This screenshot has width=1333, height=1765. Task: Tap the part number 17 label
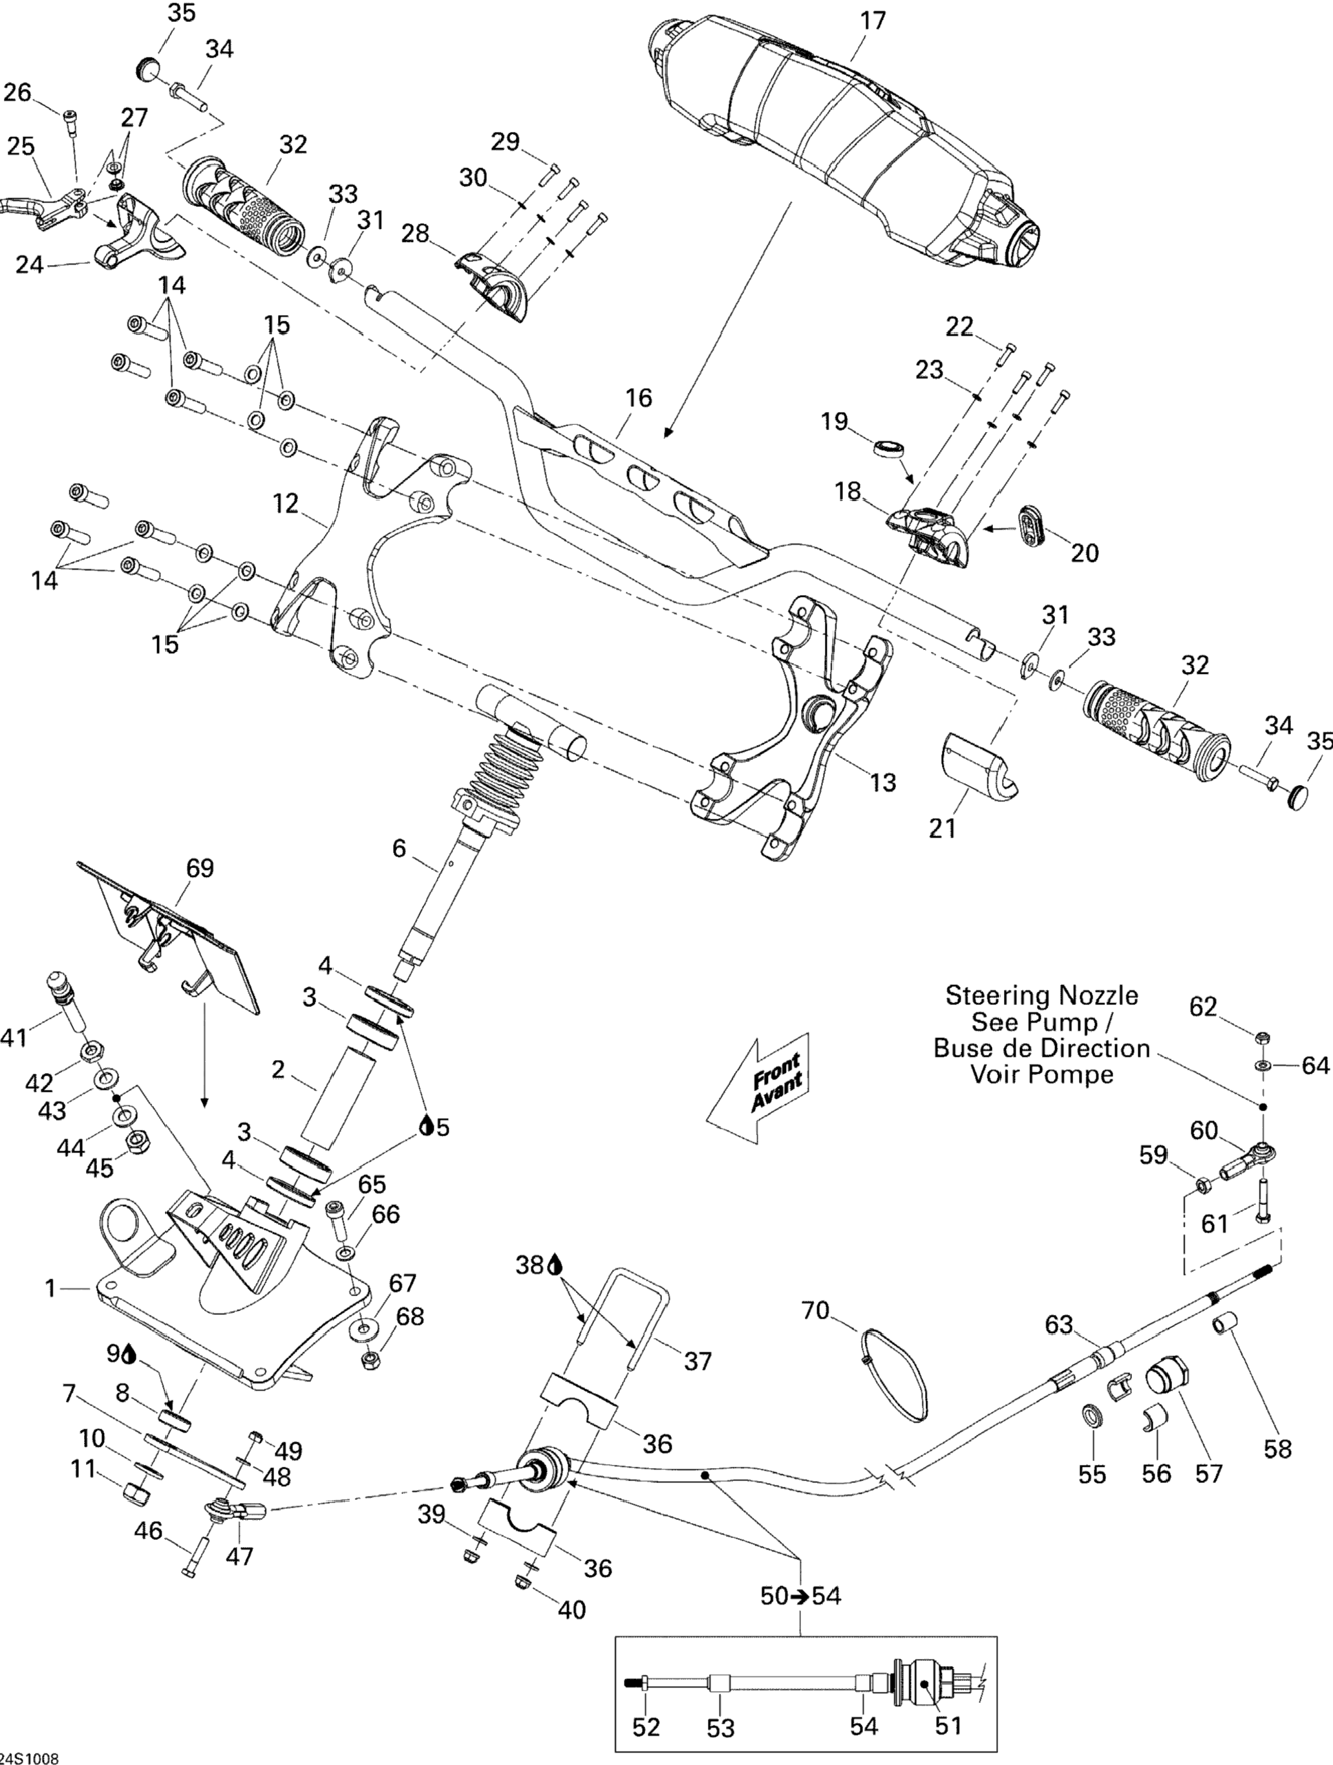pos(873,20)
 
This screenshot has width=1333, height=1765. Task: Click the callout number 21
pos(942,829)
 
